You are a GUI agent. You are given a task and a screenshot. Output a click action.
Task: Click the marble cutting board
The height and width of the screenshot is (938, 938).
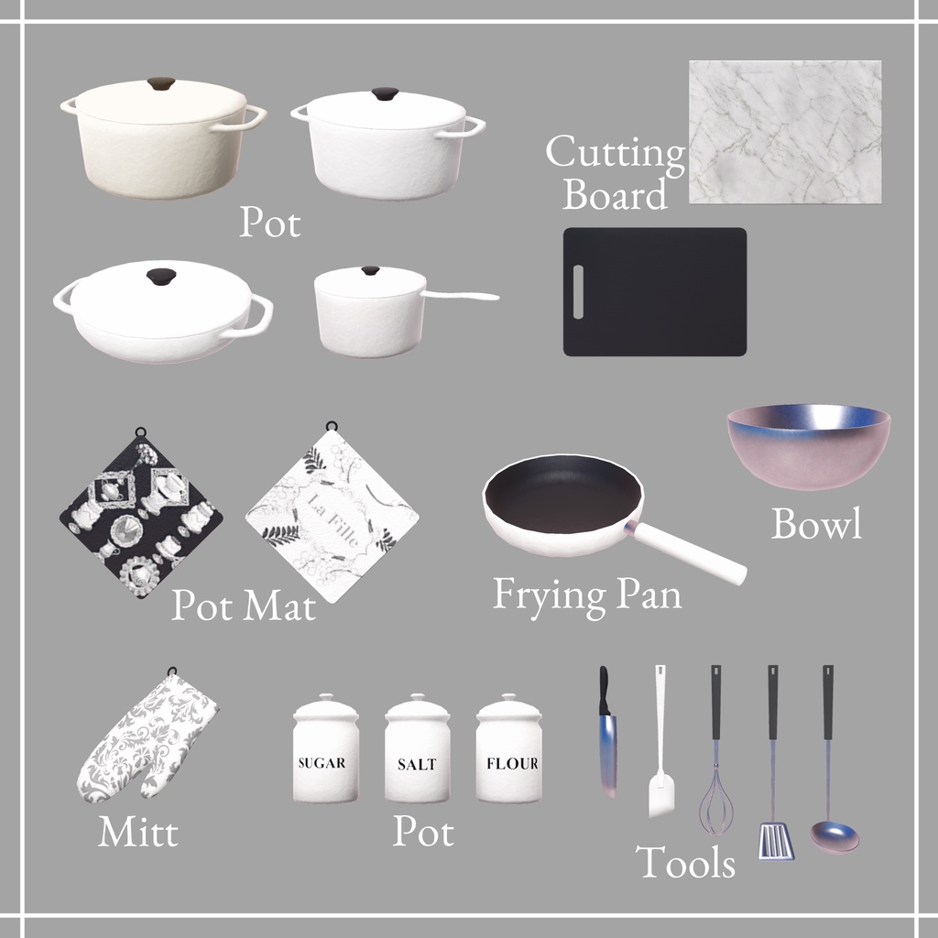click(785, 132)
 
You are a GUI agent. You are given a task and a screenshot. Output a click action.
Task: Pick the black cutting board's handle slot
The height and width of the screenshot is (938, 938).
click(578, 291)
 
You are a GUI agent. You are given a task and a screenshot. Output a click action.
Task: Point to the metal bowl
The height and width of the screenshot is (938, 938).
click(808, 445)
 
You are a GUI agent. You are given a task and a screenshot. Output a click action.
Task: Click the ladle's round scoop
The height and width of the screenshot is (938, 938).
click(834, 836)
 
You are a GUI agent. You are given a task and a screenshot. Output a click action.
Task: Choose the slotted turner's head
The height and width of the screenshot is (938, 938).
click(776, 841)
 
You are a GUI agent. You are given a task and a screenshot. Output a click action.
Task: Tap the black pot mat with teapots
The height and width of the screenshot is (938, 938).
click(140, 518)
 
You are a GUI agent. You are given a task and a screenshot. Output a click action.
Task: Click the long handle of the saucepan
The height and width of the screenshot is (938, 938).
click(463, 296)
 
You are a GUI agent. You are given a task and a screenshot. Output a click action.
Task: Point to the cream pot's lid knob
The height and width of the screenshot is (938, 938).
click(161, 83)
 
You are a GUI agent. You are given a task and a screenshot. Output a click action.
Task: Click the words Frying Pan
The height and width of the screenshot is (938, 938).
click(587, 594)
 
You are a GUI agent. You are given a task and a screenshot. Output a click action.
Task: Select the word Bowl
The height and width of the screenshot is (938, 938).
click(816, 524)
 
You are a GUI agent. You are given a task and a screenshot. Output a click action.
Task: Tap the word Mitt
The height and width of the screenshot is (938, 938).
click(137, 833)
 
